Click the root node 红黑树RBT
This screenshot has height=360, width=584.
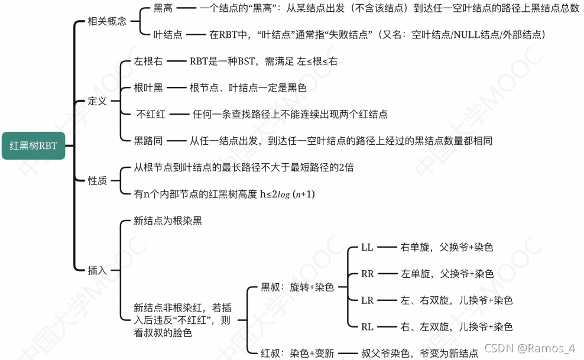point(34,145)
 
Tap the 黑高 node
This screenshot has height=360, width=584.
point(163,8)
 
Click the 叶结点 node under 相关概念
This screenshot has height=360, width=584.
point(168,35)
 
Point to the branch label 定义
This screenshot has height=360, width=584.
point(98,100)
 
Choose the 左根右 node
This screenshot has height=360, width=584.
point(148,61)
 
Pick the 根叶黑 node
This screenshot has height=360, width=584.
point(148,87)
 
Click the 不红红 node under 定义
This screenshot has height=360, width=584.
point(151,114)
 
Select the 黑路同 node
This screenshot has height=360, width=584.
point(148,141)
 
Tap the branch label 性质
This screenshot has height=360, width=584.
point(98,180)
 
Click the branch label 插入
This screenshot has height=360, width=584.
point(98,270)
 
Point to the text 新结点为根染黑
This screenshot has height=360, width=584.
point(168,221)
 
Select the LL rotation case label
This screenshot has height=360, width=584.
point(367,247)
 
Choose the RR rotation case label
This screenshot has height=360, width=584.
point(368,274)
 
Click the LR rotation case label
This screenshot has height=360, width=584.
point(368,300)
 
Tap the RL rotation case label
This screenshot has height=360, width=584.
point(368,327)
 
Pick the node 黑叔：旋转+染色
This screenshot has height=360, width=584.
point(297,287)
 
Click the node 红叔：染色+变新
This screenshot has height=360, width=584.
point(297,353)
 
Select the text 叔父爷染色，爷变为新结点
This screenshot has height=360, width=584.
point(420,353)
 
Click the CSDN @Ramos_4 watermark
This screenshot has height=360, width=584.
point(530,349)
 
